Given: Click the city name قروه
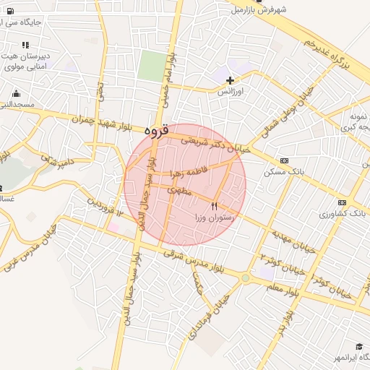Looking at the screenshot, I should (155, 131).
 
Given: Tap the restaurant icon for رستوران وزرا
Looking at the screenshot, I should (214, 207).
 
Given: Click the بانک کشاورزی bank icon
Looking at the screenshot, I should (342, 203).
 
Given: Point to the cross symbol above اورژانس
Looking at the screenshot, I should (230, 81).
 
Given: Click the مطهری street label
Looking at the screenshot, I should (178, 191).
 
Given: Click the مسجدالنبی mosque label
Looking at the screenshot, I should (17, 105).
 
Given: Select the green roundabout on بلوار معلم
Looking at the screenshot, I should (246, 277).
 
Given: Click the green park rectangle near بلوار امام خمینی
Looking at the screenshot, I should (151, 66).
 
